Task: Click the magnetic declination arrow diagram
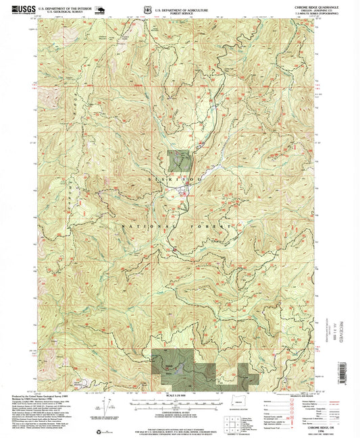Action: coord(102,404)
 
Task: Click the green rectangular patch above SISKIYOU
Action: coord(177,161)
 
